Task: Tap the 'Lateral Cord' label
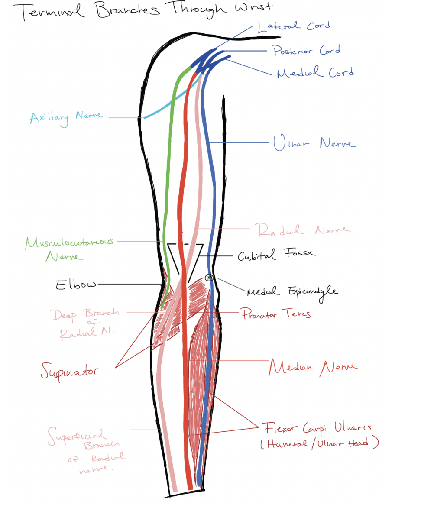pos(293,26)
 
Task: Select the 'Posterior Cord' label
pos(306,51)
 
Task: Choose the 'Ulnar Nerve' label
pos(314,143)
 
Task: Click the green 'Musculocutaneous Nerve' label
pos(69,248)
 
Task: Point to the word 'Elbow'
pos(76,285)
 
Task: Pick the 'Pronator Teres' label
pos(276,314)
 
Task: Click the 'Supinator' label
pos(69,371)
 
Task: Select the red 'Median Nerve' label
pos(313,368)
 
